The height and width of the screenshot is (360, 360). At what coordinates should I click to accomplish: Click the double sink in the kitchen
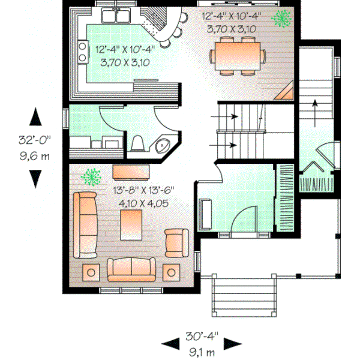pos(116,14)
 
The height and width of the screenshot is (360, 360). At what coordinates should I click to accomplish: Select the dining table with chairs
pos(236,55)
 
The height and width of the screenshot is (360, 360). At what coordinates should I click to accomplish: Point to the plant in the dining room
pos(280,19)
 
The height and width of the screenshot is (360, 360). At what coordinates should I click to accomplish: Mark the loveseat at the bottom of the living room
pos(131,269)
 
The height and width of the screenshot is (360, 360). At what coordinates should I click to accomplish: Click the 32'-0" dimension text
pos(35,142)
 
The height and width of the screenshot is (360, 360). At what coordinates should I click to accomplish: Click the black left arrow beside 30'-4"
pos(170,343)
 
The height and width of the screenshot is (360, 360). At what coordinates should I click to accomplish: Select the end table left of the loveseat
pos(91,272)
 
